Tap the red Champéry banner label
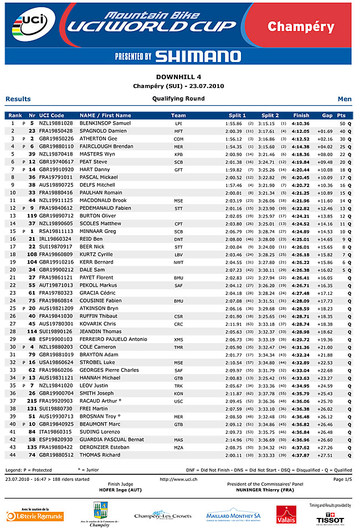(x=301, y=26)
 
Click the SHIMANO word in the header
(x=198, y=56)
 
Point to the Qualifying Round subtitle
(x=178, y=98)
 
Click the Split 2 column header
(x=270, y=115)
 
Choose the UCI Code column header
(x=52, y=115)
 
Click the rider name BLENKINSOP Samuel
(x=105, y=123)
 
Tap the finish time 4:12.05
(x=301, y=131)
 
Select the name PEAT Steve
(x=94, y=162)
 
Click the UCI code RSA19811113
(x=56, y=231)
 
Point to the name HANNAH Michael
(x=100, y=377)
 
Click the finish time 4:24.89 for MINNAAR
(x=301, y=231)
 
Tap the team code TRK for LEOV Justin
(x=178, y=385)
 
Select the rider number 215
(x=32, y=401)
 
